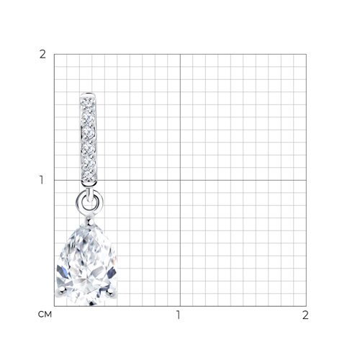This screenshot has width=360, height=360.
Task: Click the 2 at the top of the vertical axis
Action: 42,55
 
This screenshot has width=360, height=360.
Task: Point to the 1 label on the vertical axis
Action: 42,180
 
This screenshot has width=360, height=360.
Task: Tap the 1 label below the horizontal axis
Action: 178,315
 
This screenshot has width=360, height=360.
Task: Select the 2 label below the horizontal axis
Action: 305,315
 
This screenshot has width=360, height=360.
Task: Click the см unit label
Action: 45,315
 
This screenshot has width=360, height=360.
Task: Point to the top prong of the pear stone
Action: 90,221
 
